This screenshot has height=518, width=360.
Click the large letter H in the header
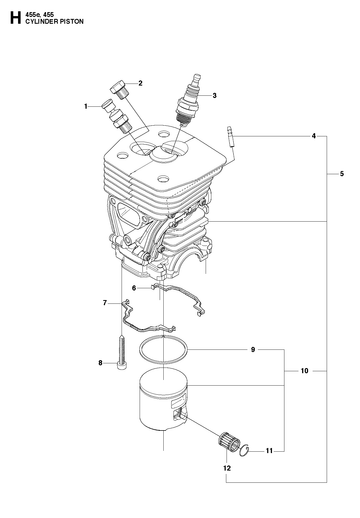[15, 18]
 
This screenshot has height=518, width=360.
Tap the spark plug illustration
[189, 99]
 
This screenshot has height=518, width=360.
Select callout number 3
[214, 96]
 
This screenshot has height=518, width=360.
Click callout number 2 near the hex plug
[140, 83]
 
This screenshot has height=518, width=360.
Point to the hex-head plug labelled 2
[118, 89]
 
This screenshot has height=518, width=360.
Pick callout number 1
[86, 106]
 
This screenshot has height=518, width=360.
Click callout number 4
[314, 136]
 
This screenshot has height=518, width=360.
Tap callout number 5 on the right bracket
[342, 174]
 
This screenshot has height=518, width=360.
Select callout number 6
[134, 288]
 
